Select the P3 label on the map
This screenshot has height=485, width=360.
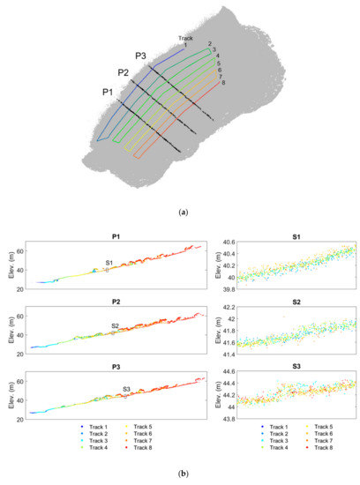tap(141, 56)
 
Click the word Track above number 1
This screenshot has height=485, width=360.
tap(184, 38)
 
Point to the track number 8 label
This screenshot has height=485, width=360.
tap(223, 83)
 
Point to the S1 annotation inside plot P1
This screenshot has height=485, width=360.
tap(109, 263)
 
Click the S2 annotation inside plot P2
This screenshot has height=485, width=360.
tap(115, 325)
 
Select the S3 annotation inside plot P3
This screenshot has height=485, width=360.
tap(126, 388)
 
